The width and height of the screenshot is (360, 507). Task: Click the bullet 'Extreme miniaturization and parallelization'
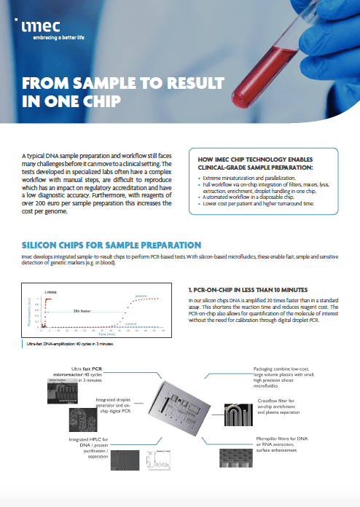click(x=240, y=177)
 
